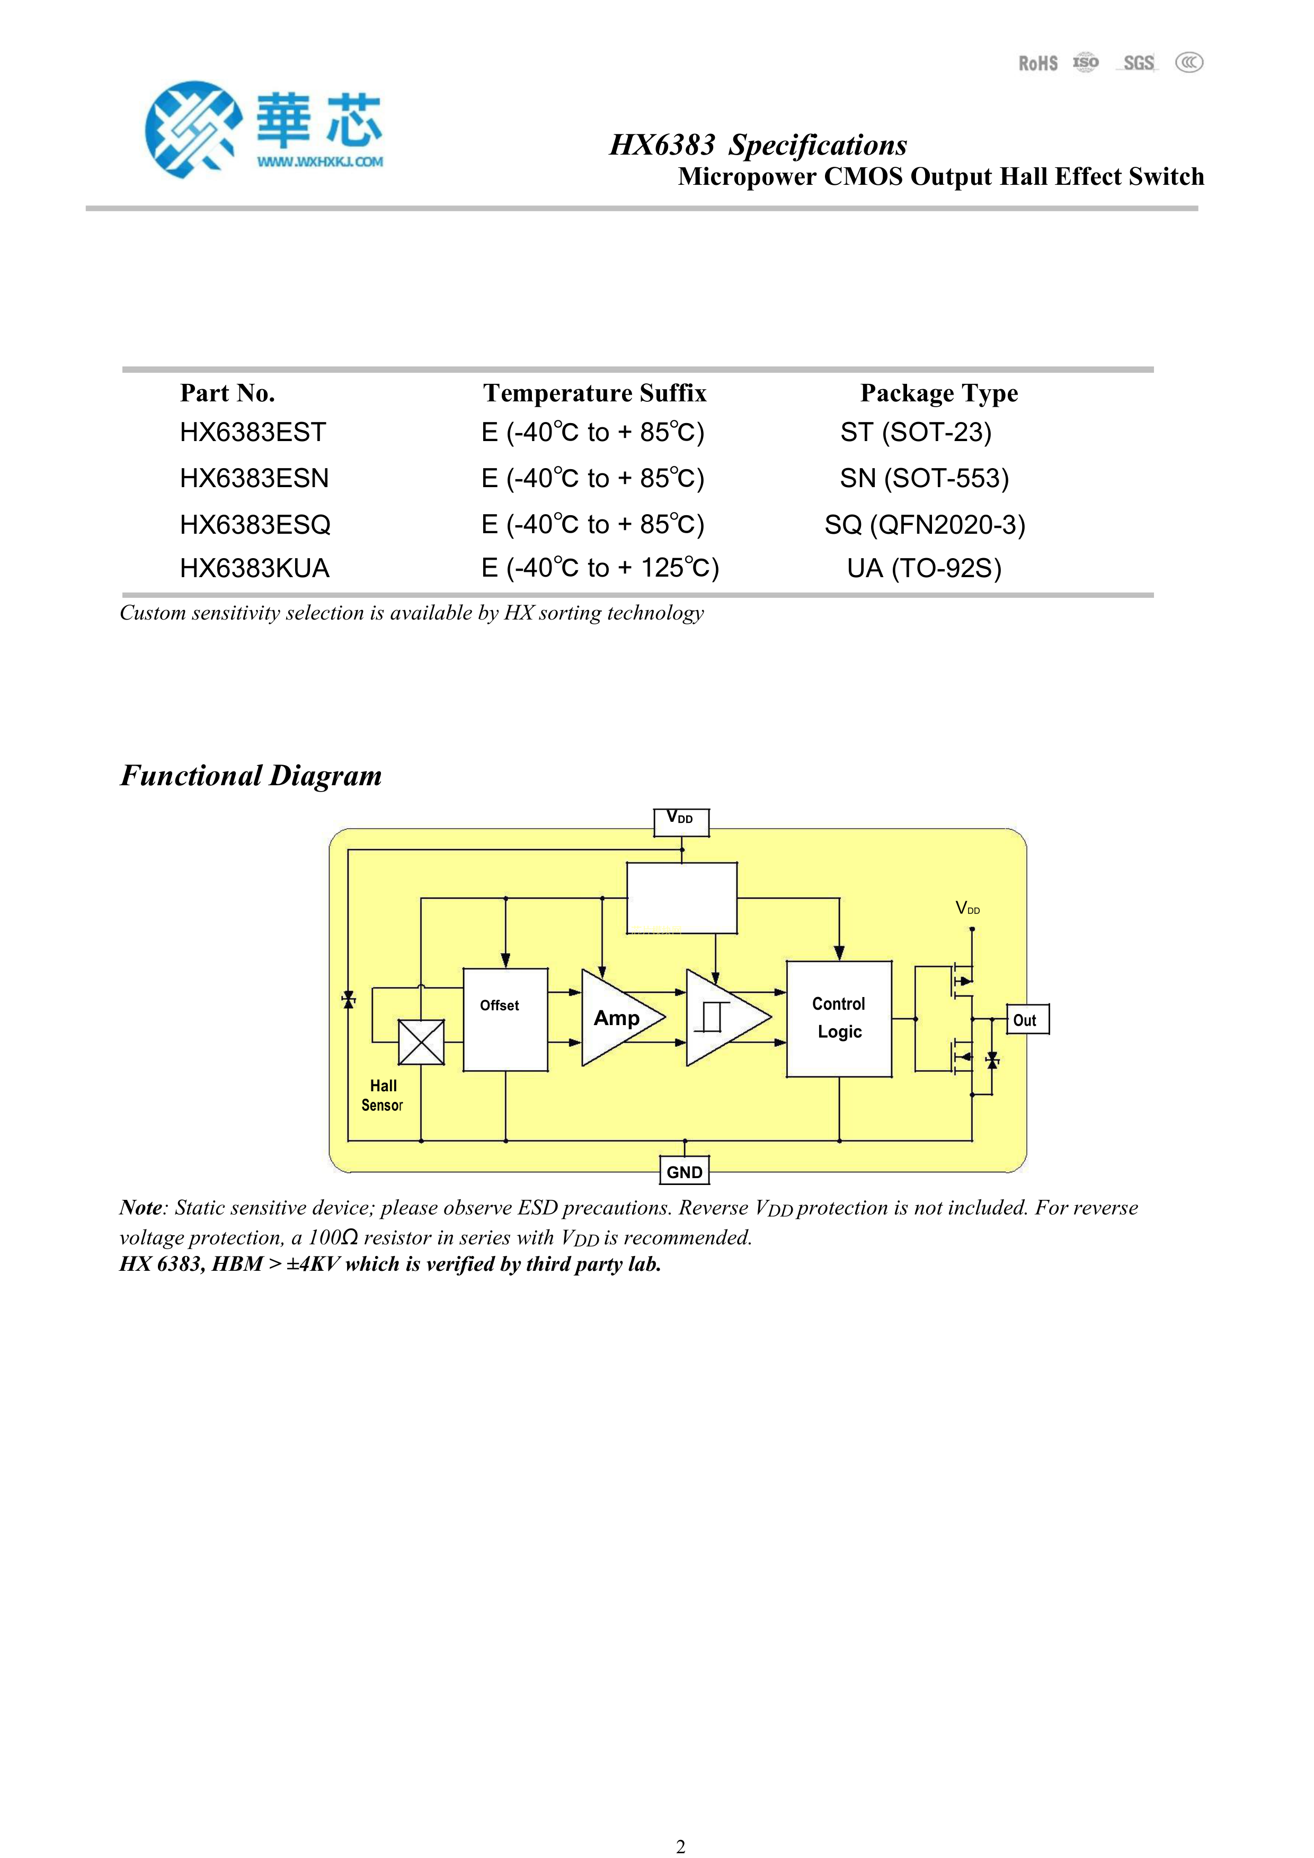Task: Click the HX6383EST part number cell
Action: pyautogui.click(x=253, y=432)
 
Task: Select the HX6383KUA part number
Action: pyautogui.click(x=254, y=568)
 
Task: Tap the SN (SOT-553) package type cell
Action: pyautogui.click(x=924, y=478)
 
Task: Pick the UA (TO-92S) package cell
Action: pyautogui.click(x=924, y=568)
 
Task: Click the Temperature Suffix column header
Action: pyautogui.click(x=594, y=393)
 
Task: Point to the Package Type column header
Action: pyautogui.click(x=938, y=393)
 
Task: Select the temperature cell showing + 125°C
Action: pyautogui.click(x=599, y=568)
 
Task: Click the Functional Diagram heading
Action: pyautogui.click(x=251, y=775)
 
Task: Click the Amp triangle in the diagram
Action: pyautogui.click(x=618, y=1018)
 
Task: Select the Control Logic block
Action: pyautogui.click(x=839, y=1018)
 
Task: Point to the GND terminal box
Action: pyautogui.click(x=684, y=1172)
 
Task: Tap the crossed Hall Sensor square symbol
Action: pyautogui.click(x=421, y=1042)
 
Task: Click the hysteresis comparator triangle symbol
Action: pyautogui.click(x=723, y=1018)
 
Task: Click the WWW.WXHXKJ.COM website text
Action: pyautogui.click(x=321, y=162)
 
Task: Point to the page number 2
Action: pyautogui.click(x=680, y=1846)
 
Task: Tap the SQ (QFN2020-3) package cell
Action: pyautogui.click(x=925, y=524)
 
